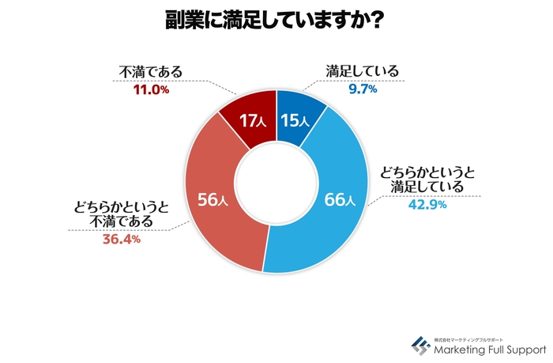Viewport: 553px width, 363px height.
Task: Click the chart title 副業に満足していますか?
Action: (276, 21)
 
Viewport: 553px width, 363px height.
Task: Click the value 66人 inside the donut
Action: (340, 199)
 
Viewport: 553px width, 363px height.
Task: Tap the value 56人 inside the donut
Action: (213, 200)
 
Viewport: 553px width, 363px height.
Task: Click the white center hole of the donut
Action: (276, 182)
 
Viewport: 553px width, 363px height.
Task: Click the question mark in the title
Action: (377, 21)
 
